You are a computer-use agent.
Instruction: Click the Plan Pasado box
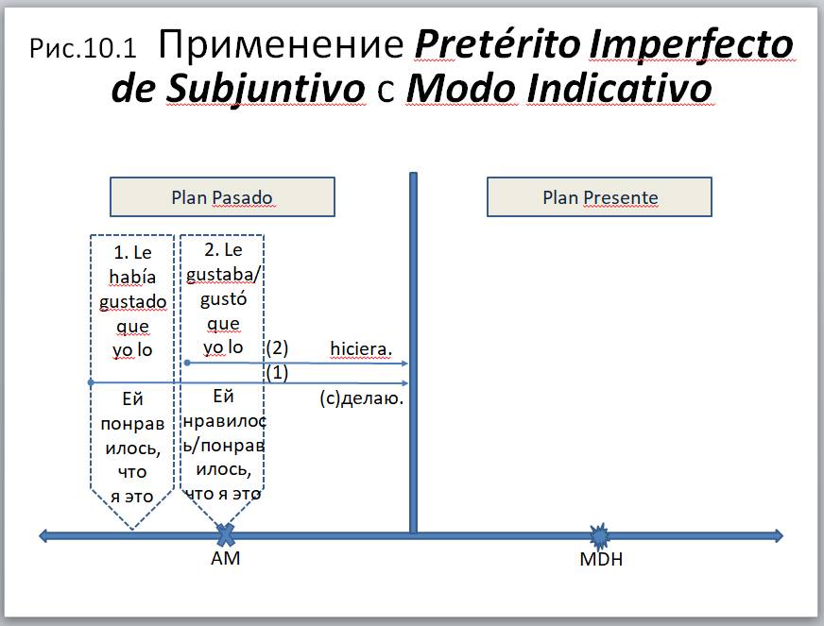click(222, 197)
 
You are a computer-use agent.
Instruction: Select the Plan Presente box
click(599, 197)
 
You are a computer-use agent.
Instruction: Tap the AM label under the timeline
click(226, 558)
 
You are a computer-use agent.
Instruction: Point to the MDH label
click(601, 559)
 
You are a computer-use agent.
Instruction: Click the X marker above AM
click(226, 535)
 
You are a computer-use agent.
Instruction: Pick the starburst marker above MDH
click(598, 536)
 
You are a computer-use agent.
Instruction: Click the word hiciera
click(361, 348)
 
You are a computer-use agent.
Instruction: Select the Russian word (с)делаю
click(362, 398)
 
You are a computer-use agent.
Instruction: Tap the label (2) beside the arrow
click(277, 347)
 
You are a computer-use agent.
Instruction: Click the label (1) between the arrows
click(277, 373)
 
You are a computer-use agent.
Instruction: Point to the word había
click(132, 277)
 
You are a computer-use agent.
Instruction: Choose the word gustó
click(223, 299)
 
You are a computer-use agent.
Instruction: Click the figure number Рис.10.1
click(83, 48)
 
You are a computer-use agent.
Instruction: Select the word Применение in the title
click(281, 44)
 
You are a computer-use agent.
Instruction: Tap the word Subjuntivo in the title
click(266, 88)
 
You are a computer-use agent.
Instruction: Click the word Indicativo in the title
click(619, 88)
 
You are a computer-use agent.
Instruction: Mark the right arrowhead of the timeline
click(779, 535)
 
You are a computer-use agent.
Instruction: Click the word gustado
click(132, 302)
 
